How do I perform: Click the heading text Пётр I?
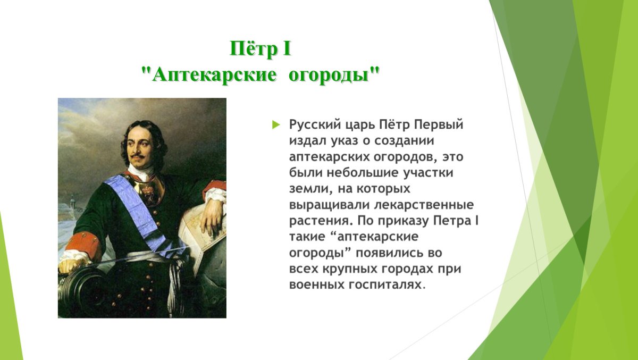click(x=261, y=49)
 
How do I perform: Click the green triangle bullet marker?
click(x=275, y=125)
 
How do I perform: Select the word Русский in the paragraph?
click(x=314, y=125)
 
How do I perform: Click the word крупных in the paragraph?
click(x=350, y=269)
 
